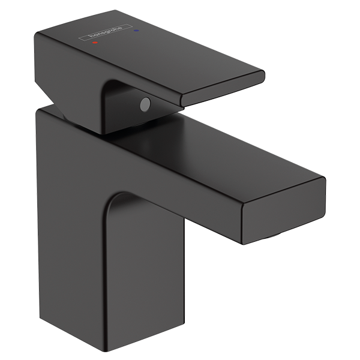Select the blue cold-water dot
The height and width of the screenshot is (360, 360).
click(x=137, y=29)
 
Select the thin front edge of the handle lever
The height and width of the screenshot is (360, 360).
click(x=222, y=90)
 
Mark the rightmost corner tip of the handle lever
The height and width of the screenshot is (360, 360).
click(x=265, y=74)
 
